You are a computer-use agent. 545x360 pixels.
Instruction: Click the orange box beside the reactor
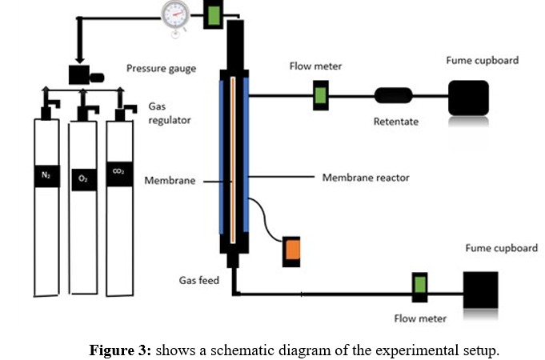291,250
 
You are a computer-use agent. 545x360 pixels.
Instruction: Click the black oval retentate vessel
393,97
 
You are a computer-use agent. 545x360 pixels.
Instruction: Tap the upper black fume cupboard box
468,98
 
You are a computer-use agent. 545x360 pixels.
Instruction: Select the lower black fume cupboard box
480,290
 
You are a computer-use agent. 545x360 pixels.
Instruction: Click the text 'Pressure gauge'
162,69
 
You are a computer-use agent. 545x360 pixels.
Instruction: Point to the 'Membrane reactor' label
365,177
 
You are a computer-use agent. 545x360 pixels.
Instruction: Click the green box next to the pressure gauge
214,14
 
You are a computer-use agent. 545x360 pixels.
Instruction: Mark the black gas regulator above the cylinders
81,76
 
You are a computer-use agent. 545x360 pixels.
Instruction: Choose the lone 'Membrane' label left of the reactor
170,181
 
